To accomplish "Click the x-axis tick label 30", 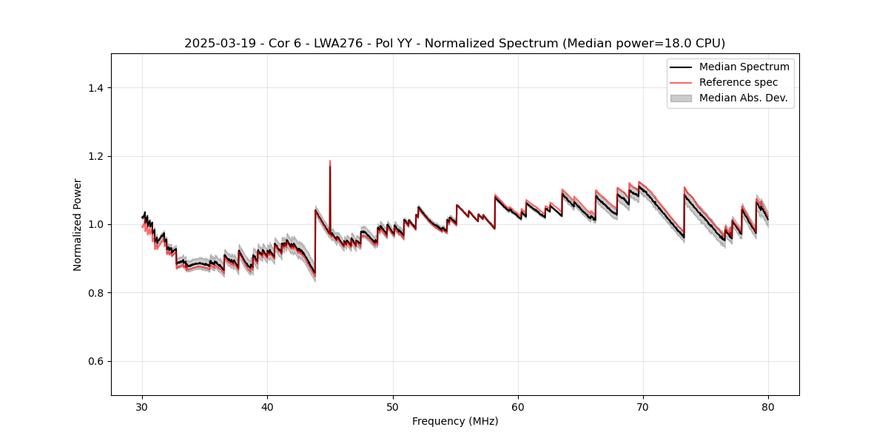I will pos(142,407).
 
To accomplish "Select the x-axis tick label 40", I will pos(267,407).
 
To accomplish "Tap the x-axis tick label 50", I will pos(393,407).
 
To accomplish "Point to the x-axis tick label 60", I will pos(518,407).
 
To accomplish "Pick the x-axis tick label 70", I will pos(643,407).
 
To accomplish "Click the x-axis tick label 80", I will pos(768,407).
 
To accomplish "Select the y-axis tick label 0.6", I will pos(95,361).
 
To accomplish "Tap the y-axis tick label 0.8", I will pos(95,293).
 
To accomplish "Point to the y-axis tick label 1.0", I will pos(95,224).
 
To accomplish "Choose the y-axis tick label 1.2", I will pos(95,156).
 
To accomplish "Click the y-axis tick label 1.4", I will pos(95,88).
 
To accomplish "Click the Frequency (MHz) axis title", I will pos(455,421).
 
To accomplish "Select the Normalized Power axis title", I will pos(78,224).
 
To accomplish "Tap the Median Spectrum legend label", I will pos(744,67).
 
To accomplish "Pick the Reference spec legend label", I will pos(739,82).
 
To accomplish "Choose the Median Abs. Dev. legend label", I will pos(743,98).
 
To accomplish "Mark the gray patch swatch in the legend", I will pos(681,98).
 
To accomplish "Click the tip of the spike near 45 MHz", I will pos(330,161).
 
